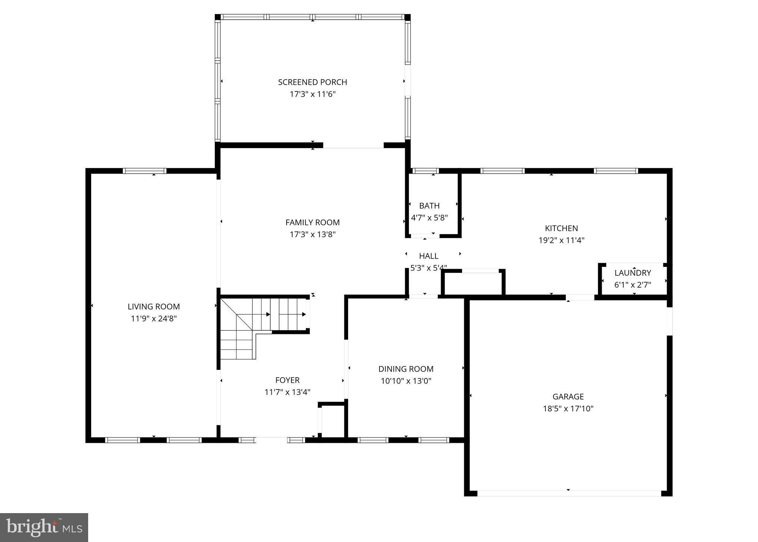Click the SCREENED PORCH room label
click(x=313, y=82)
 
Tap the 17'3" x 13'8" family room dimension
click(x=313, y=234)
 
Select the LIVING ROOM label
click(x=154, y=307)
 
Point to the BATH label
click(x=429, y=206)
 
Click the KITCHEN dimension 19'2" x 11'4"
click(x=561, y=240)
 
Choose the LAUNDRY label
click(x=632, y=273)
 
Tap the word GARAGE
click(x=568, y=397)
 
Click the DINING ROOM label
click(x=406, y=369)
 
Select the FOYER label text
click(x=287, y=380)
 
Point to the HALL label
click(x=428, y=256)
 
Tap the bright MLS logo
click(x=44, y=527)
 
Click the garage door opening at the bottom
click(x=569, y=493)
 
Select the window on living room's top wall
click(x=144, y=171)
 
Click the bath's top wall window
click(x=425, y=171)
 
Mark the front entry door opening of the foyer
click(x=271, y=440)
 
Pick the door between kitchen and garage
click(x=580, y=297)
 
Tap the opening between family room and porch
click(x=353, y=145)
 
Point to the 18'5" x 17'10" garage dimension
click(x=568, y=409)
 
